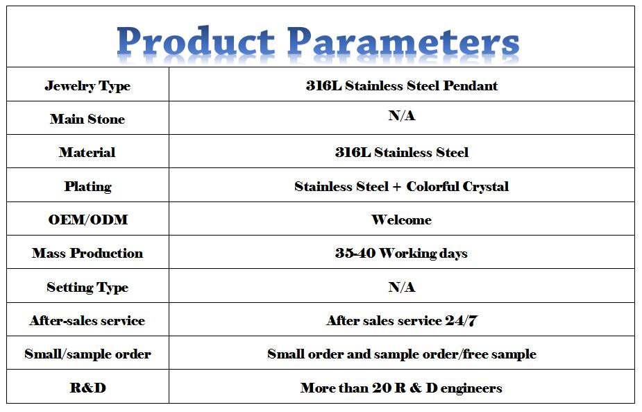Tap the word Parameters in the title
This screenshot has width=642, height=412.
(403, 41)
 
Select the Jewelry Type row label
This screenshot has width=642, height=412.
(87, 86)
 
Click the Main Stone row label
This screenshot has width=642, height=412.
(87, 119)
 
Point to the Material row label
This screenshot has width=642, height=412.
(87, 152)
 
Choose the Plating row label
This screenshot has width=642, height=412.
(88, 186)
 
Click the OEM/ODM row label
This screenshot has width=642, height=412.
(88, 220)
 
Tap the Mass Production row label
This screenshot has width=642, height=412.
(87, 253)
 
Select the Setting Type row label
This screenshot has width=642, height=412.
(87, 288)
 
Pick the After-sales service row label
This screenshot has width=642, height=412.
(87, 320)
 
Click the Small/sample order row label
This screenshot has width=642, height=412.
(87, 354)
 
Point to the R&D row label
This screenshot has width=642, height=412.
(88, 388)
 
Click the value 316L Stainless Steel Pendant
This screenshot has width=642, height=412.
(402, 85)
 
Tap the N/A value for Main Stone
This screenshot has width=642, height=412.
(402, 115)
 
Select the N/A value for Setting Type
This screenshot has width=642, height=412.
(402, 287)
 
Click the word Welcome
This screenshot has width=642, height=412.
(402, 220)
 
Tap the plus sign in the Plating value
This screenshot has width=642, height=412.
(397, 187)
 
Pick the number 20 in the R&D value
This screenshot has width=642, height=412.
(382, 388)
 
